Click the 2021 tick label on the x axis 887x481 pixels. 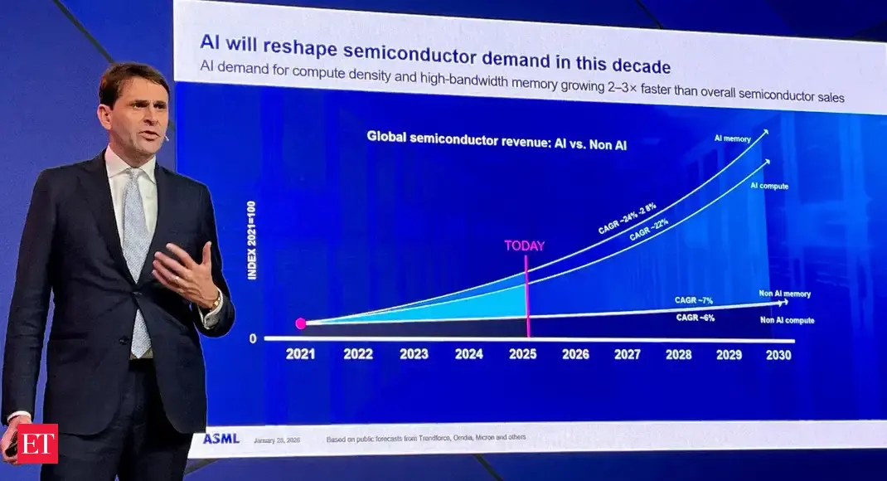(x=300, y=354)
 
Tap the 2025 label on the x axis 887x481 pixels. (x=523, y=354)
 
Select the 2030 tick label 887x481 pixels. (x=778, y=355)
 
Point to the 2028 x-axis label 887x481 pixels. (x=677, y=355)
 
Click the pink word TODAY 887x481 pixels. (x=525, y=245)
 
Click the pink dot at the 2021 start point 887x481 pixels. (x=301, y=323)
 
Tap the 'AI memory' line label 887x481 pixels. (x=733, y=139)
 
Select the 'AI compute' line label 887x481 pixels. (x=768, y=186)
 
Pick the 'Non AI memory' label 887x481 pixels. (x=784, y=294)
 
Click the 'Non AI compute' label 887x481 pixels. (x=787, y=320)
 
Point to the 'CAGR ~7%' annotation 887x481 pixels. (x=694, y=299)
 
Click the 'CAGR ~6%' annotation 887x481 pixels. (x=695, y=317)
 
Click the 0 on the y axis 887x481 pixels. (x=253, y=338)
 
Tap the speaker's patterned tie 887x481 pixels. (x=136, y=249)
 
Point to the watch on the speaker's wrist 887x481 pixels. (x=215, y=301)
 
